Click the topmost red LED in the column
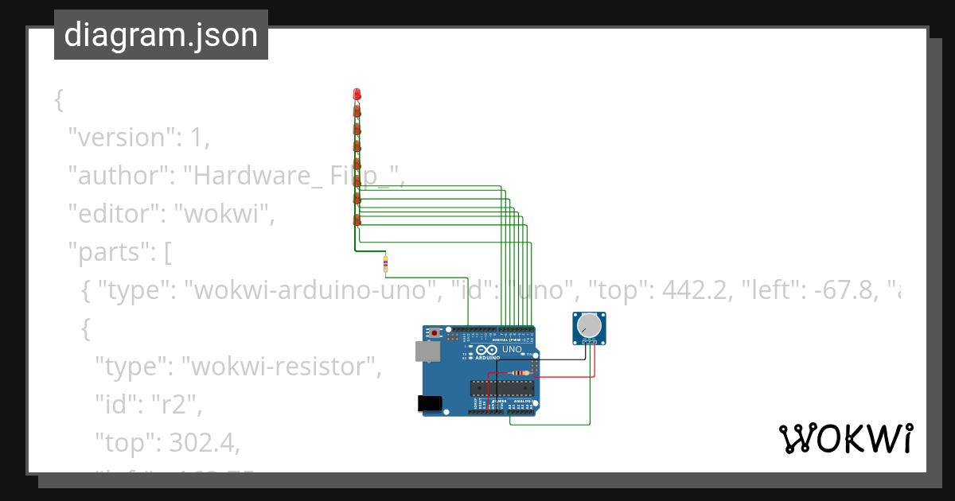coord(357,95)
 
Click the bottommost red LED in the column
coord(357,219)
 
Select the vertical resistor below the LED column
coord(386,263)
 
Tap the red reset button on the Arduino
coord(434,332)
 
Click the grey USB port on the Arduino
coord(427,351)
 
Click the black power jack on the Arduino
coord(430,403)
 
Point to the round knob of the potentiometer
coord(589,325)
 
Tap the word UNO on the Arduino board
coord(513,349)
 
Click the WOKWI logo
coord(845,438)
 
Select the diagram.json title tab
coord(161,35)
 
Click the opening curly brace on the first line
coord(58,99)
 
